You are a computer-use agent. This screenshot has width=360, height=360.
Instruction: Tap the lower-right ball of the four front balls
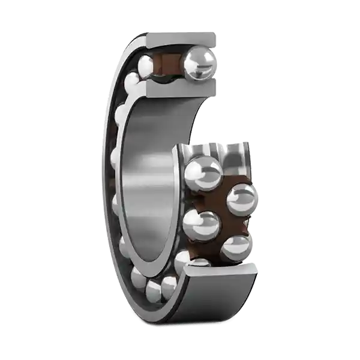[x=235, y=248]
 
